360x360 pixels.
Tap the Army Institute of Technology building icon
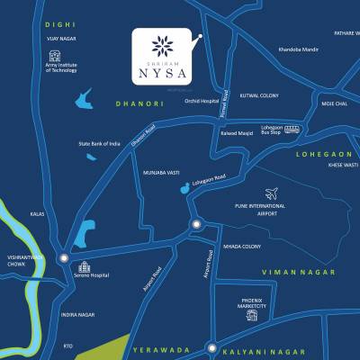click(x=55, y=57)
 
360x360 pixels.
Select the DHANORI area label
click(x=136, y=104)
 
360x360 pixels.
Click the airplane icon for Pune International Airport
click(x=272, y=193)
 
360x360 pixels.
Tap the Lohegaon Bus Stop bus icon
click(x=292, y=130)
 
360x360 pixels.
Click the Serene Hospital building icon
click(x=83, y=266)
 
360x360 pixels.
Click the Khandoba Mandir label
click(x=299, y=49)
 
